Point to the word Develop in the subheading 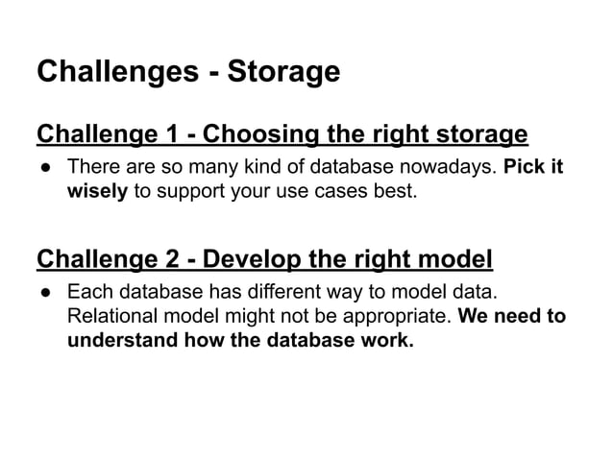click(x=255, y=259)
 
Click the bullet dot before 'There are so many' click(x=44, y=167)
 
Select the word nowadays click(x=450, y=167)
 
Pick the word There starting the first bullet click(x=92, y=167)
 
